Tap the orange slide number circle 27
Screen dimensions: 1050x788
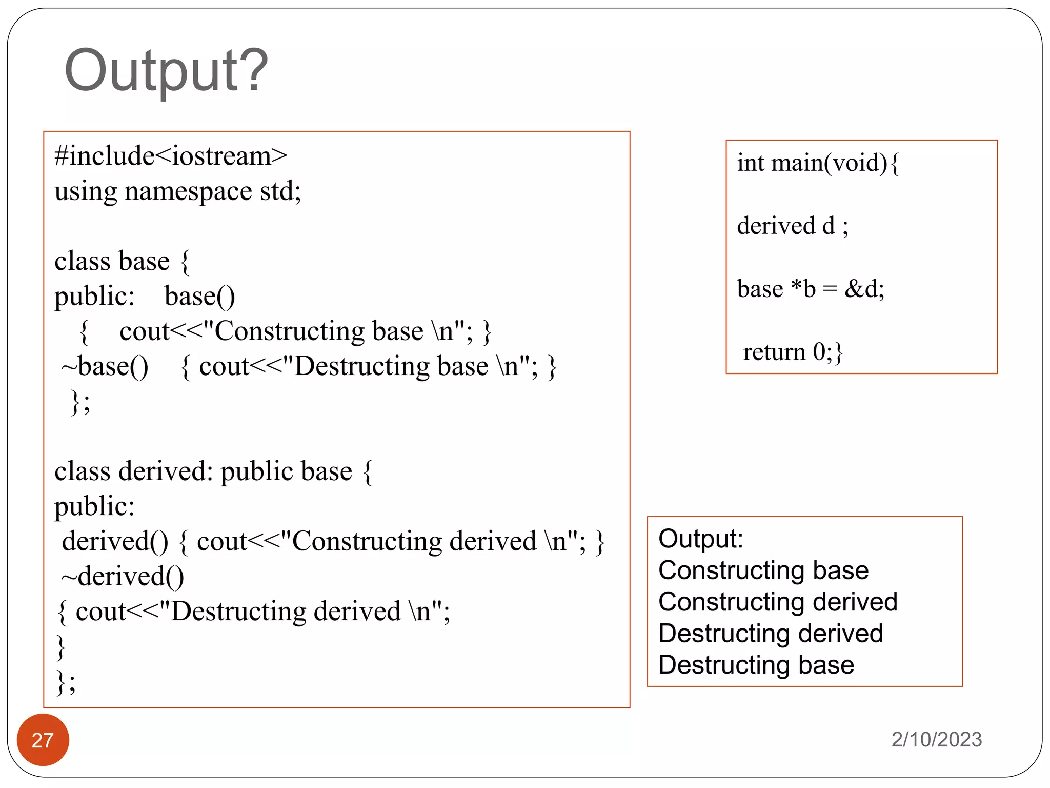tap(43, 740)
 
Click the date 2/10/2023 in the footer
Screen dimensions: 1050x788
tap(936, 739)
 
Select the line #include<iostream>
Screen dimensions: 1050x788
tap(171, 156)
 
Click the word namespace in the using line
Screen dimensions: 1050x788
tap(188, 191)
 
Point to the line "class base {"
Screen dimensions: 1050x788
tap(122, 261)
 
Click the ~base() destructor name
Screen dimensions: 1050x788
tap(105, 366)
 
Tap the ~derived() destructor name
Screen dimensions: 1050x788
tap(123, 576)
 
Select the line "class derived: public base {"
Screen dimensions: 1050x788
tap(213, 471)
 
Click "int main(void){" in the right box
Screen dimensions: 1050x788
tap(818, 163)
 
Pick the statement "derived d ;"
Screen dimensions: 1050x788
tap(793, 226)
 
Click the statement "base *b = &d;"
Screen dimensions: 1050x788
tap(811, 289)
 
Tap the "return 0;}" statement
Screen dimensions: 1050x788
tap(793, 352)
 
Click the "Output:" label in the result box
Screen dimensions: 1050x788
tap(700, 539)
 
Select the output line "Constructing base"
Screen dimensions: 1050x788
tap(763, 570)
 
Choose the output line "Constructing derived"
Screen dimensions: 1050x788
tap(778, 602)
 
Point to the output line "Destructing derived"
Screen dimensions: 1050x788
tap(771, 634)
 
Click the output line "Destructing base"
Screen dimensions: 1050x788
tap(756, 665)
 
